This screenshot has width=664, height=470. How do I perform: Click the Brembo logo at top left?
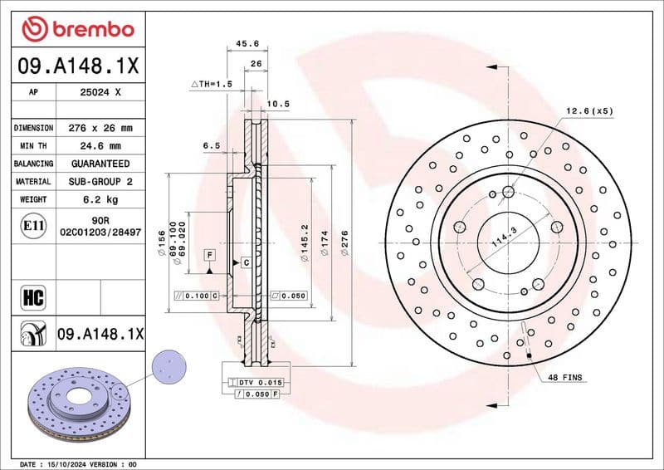[x=77, y=30]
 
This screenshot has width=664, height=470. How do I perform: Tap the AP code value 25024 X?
[x=100, y=93]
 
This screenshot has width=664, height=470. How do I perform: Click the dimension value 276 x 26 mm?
[x=100, y=128]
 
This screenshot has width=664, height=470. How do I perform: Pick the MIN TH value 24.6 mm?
[x=100, y=145]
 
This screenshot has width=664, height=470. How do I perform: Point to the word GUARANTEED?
[x=100, y=164]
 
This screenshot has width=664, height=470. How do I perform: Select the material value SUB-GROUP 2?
[x=100, y=181]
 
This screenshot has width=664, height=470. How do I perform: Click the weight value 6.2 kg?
[x=100, y=199]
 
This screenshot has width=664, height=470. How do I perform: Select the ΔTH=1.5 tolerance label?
[x=212, y=84]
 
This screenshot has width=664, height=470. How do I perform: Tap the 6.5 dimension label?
[x=211, y=145]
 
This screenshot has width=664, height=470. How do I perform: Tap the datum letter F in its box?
[x=210, y=253]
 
